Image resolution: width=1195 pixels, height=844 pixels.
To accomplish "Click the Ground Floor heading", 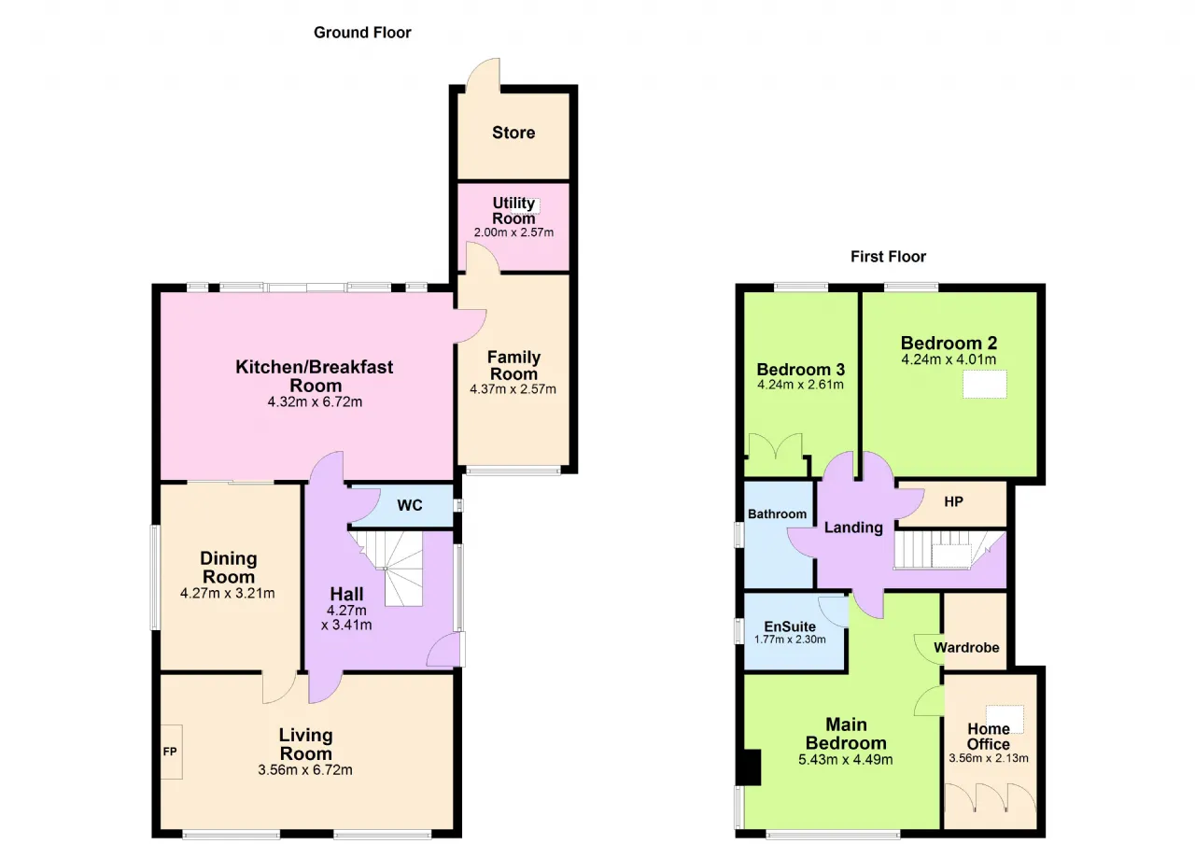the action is tap(362, 33).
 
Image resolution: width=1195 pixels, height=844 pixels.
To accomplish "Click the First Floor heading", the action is tap(888, 257).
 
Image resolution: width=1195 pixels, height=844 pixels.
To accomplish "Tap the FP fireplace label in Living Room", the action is tap(170, 752).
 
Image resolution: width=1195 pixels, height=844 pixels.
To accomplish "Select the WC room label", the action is tap(410, 505).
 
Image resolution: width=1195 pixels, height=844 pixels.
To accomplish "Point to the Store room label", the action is tap(513, 133).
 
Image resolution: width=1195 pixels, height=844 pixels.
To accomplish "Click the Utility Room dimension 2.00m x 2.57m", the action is tap(513, 232).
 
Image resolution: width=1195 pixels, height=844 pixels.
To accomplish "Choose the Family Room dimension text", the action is tap(513, 389).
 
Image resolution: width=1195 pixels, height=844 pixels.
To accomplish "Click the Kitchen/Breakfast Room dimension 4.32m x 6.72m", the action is tap(315, 401).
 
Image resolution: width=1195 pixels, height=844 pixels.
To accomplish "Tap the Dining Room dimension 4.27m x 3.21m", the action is tap(228, 593).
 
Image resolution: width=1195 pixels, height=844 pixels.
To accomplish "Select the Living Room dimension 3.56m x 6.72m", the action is tap(305, 770).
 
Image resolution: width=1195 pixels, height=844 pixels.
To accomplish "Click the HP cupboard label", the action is tap(953, 501).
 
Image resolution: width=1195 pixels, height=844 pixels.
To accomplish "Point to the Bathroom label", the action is tap(778, 513).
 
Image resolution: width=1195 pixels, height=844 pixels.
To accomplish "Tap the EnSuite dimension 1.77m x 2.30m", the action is tap(790, 640).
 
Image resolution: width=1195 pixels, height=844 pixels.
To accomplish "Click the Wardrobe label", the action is tap(966, 648).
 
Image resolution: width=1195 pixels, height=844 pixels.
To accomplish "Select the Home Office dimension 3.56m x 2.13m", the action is tap(989, 758).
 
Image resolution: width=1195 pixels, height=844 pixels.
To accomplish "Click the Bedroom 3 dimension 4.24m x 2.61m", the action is tap(800, 385).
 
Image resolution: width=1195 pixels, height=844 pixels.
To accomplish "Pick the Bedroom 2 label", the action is tap(949, 343).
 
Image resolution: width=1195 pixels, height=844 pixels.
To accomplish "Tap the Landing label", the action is tap(853, 527).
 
